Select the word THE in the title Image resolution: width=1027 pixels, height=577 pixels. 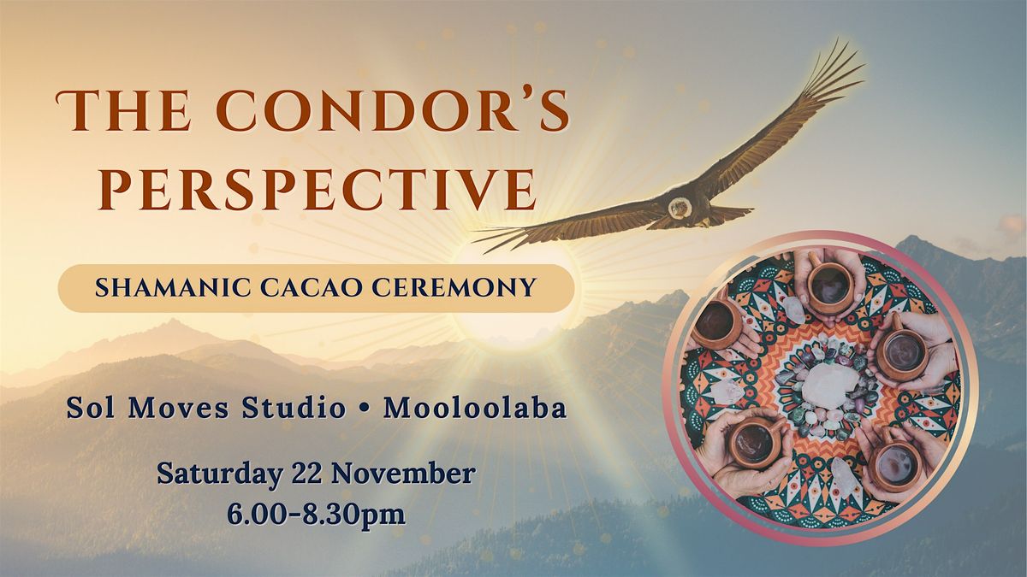[116, 113]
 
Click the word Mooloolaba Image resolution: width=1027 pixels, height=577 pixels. [475, 409]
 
